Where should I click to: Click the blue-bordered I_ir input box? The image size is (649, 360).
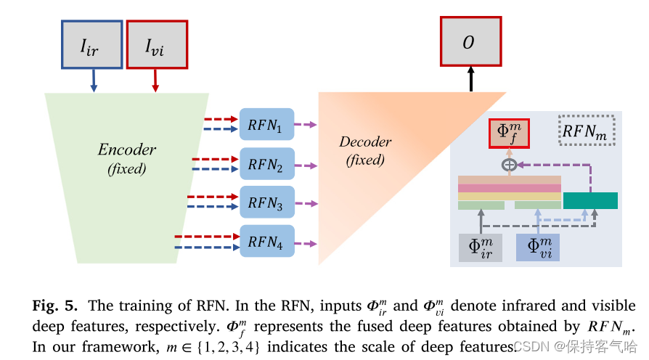click(93, 44)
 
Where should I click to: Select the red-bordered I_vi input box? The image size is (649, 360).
click(157, 44)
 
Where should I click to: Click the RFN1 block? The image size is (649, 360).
click(266, 124)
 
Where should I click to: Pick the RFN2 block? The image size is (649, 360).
click(266, 164)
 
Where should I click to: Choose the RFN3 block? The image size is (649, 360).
click(266, 202)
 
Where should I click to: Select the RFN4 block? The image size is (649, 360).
click(266, 242)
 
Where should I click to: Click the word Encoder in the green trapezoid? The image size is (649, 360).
click(127, 150)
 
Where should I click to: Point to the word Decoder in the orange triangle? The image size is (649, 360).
click(365, 142)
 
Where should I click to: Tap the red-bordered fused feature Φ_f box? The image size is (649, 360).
click(509, 133)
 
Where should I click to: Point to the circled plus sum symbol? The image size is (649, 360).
click(509, 165)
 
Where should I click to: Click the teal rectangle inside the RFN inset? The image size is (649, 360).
click(590, 200)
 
